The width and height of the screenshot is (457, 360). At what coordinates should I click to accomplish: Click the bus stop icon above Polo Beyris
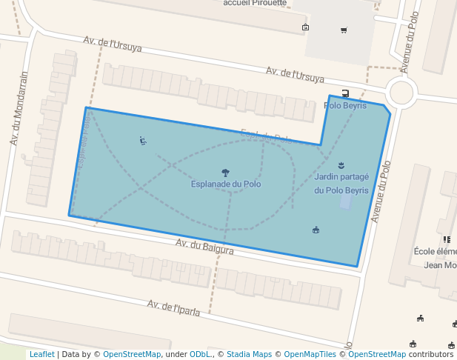pos(346,93)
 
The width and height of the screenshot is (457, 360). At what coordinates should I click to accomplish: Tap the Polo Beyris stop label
pos(346,106)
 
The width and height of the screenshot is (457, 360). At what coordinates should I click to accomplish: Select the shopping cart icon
pos(344,30)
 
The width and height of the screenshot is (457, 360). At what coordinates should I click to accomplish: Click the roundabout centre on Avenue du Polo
pos(401,93)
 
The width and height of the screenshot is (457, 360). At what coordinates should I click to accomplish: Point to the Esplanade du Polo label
pos(226,184)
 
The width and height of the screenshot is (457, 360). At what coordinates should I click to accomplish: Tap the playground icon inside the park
pos(143,141)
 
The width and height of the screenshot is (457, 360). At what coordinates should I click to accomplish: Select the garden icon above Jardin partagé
pos(341,164)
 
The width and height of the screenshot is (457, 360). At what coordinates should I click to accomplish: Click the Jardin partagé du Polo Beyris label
pos(341,183)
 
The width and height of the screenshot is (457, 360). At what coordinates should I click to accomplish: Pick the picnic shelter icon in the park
pos(316,230)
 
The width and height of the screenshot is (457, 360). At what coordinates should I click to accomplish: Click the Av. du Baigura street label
pos(204,247)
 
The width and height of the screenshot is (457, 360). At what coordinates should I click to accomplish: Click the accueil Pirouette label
pos(254,3)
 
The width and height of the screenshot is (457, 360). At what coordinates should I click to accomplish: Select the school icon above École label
pos(447,239)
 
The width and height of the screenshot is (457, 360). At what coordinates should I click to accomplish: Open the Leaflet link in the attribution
pos(41,354)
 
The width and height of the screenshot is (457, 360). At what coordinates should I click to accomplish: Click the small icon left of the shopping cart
pos(306,27)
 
